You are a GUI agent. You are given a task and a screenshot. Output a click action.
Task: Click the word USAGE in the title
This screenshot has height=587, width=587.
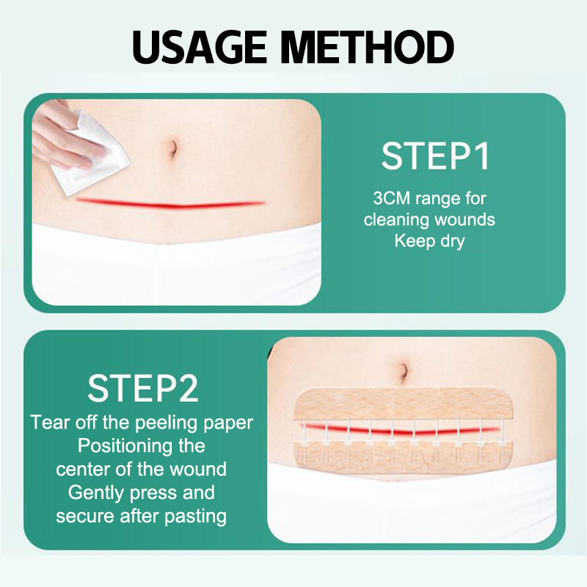pyautogui.click(x=200, y=47)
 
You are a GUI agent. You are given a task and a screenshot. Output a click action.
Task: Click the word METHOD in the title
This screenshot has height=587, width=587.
pyautogui.click(x=368, y=47)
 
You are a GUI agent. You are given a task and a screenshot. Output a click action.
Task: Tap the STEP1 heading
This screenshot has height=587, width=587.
pyautogui.click(x=435, y=156)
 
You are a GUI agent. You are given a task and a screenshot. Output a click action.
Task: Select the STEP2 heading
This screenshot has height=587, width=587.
pyautogui.click(x=142, y=389)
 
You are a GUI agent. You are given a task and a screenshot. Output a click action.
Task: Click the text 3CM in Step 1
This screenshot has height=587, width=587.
pyautogui.click(x=392, y=198)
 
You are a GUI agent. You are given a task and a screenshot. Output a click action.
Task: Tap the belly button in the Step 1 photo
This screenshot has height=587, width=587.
pyautogui.click(x=172, y=150)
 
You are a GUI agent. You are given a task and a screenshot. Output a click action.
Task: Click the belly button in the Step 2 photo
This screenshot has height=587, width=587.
pyautogui.click(x=403, y=371)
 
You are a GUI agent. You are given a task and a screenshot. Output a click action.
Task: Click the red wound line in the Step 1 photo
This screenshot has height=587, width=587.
pyautogui.click(x=170, y=204)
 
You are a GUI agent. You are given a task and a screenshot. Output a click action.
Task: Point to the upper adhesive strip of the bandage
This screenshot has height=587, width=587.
pyautogui.click(x=404, y=404)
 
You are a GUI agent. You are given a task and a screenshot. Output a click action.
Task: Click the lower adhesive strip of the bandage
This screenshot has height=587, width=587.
pyautogui.click(x=404, y=456)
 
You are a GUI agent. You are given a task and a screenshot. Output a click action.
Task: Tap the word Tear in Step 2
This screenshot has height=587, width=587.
pyautogui.click(x=51, y=423)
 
